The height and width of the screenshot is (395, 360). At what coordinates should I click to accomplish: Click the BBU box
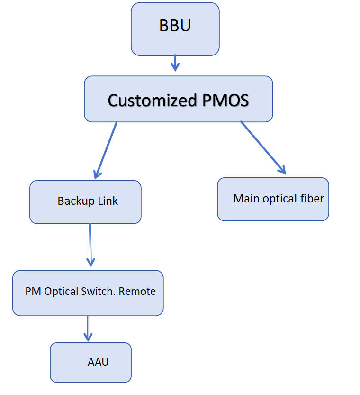pos(175,28)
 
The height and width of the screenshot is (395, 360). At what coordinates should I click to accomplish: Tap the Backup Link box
pos(85,202)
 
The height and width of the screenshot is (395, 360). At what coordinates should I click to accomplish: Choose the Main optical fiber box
pos(273,199)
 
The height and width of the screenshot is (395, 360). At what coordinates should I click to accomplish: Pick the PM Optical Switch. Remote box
pos(88,293)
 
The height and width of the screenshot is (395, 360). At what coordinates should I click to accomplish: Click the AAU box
pos(90,362)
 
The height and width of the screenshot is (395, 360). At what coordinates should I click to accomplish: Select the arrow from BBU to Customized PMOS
pos(175,63)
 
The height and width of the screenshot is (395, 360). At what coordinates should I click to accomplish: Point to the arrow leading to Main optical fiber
pos(263,147)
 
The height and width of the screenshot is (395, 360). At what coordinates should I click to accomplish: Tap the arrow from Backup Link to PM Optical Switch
pos(90,245)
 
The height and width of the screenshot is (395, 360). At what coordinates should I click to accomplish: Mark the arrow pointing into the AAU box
pos(88,329)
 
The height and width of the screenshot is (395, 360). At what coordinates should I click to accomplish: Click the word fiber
pos(312,199)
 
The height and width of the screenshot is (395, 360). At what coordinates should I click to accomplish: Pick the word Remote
pos(137,291)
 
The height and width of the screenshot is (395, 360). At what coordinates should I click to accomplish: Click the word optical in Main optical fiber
pos(278,199)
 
